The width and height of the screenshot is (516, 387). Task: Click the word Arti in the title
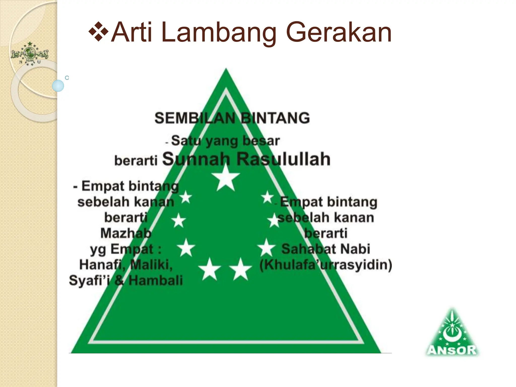132,33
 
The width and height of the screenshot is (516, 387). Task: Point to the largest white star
226,178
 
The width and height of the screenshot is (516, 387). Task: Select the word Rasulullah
283,159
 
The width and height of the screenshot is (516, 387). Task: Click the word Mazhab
126,233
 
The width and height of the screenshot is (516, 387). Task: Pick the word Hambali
155,280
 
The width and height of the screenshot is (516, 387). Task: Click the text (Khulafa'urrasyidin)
326,265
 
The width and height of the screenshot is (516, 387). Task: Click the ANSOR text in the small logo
451,350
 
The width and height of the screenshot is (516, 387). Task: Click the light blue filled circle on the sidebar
58,86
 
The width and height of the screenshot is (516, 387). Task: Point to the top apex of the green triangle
226,69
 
